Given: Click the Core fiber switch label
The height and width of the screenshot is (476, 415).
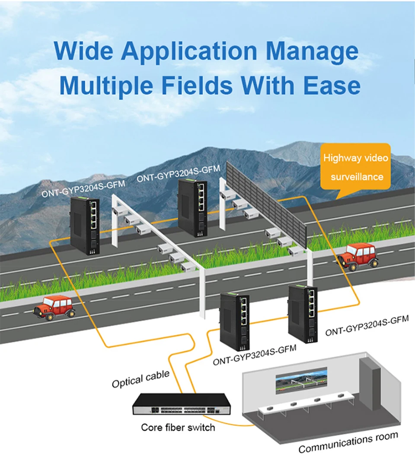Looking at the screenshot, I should [178, 428].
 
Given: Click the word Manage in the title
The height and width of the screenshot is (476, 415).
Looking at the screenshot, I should [312, 51].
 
